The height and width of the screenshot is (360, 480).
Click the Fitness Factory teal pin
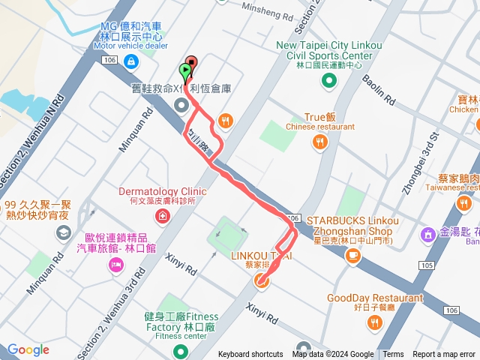pyautogui.click(x=180, y=351)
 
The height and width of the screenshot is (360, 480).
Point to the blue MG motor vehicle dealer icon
pyautogui.click(x=132, y=61)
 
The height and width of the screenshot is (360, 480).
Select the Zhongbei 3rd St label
pyautogui.click(x=420, y=164)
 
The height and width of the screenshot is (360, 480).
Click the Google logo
pyautogui.click(x=28, y=350)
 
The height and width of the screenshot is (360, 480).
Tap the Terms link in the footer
pyautogui.click(x=393, y=355)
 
